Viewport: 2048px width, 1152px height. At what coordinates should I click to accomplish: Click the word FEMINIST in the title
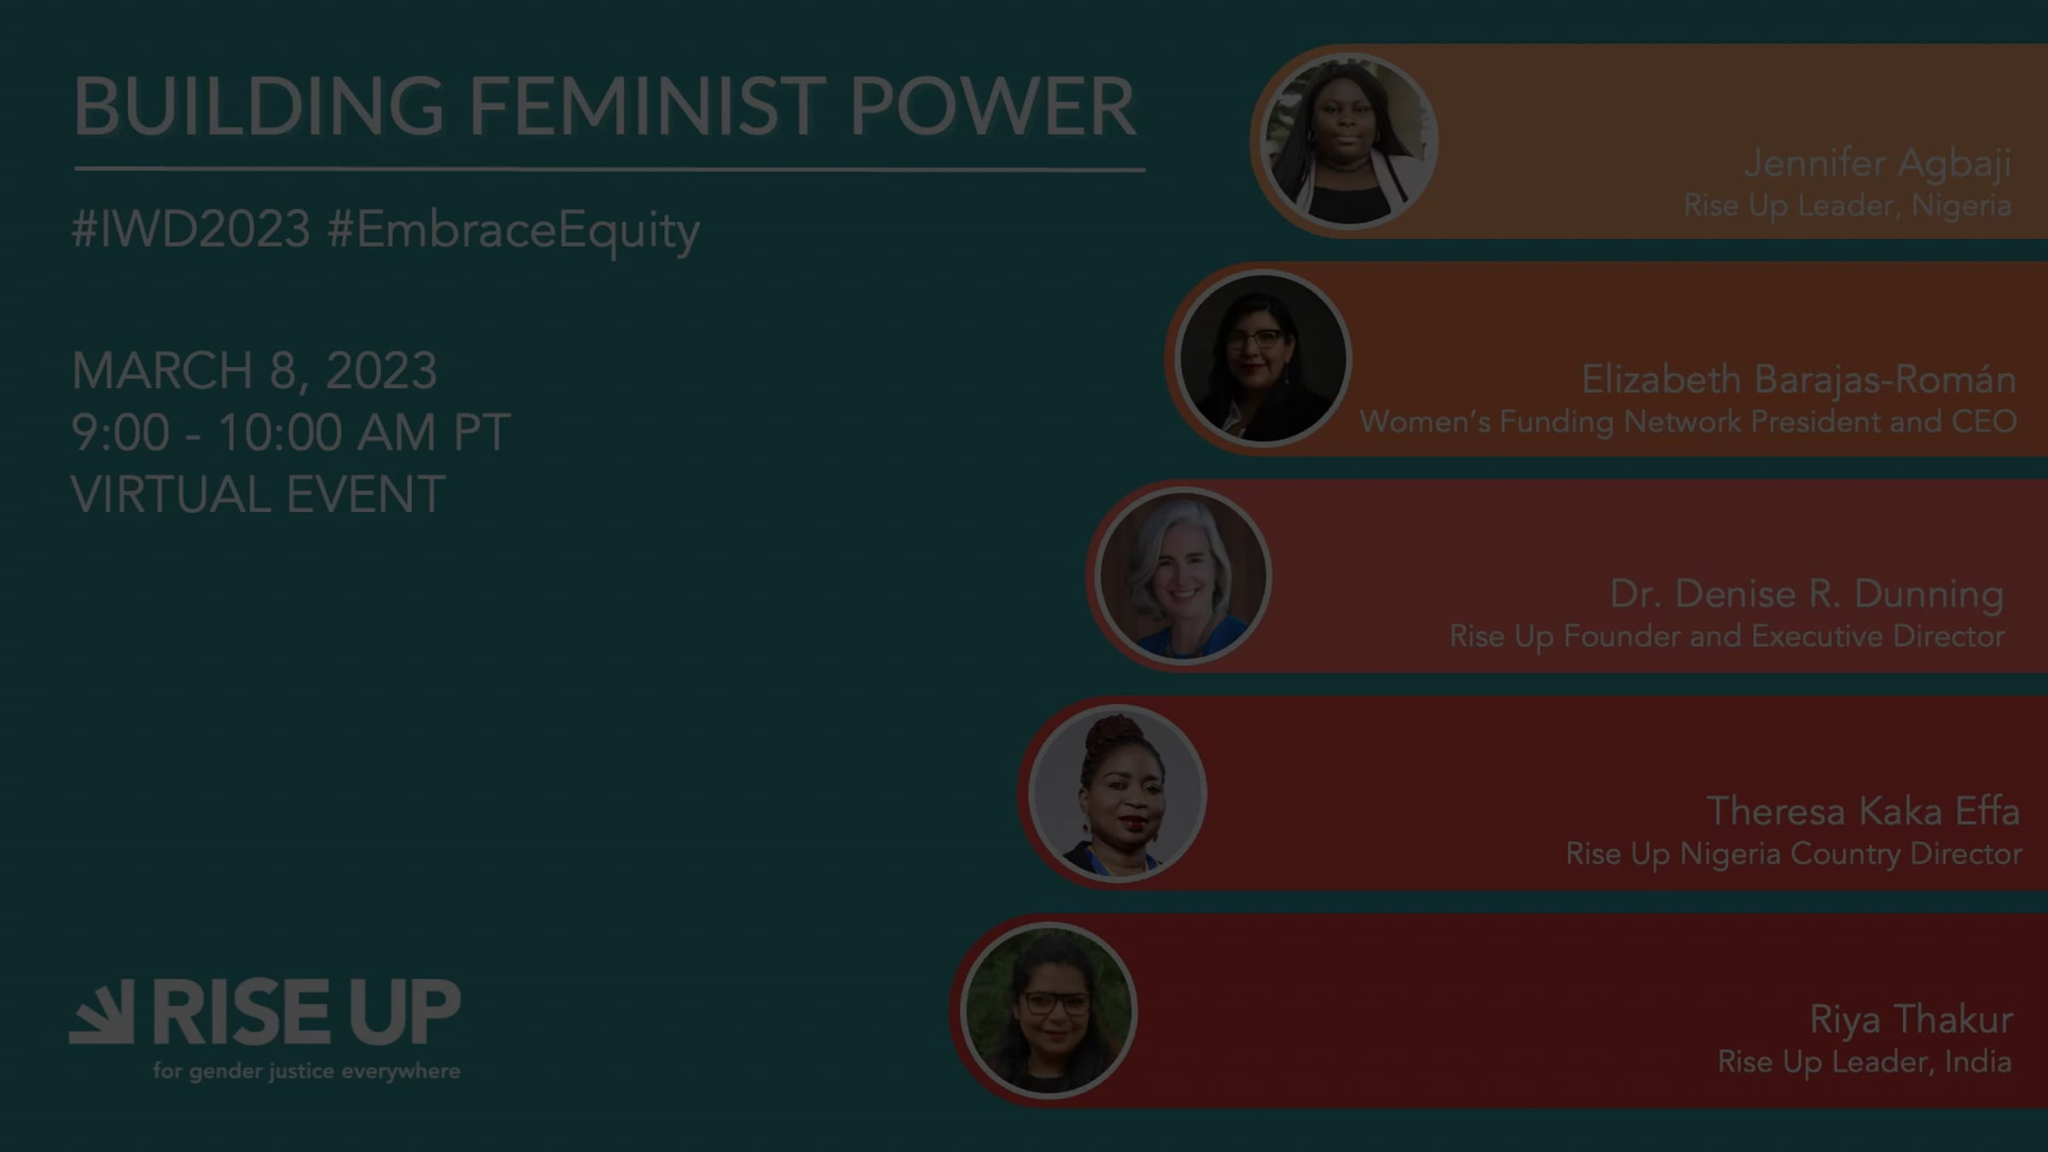pyautogui.click(x=648, y=107)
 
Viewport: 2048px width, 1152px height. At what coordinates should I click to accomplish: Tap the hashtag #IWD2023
pyautogui.click(x=191, y=229)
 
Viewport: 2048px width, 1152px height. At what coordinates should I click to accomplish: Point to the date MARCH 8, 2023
pyautogui.click(x=254, y=371)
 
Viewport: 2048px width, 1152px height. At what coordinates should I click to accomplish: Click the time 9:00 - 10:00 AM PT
pyautogui.click(x=291, y=433)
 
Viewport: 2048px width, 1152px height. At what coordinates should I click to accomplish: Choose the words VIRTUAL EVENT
pyautogui.click(x=258, y=495)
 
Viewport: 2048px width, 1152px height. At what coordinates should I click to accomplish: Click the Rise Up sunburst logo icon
pyautogui.click(x=102, y=1011)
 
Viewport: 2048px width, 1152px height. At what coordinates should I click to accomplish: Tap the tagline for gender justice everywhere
pyautogui.click(x=307, y=1071)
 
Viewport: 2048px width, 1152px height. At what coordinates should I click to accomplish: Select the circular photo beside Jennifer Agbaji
pyautogui.click(x=1348, y=142)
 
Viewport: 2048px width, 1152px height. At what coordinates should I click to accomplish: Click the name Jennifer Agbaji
pyautogui.click(x=1877, y=164)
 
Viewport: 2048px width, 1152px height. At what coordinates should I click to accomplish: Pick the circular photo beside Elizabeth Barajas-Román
pyautogui.click(x=1262, y=358)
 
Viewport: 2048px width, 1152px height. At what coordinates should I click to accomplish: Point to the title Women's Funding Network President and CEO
pyautogui.click(x=1688, y=422)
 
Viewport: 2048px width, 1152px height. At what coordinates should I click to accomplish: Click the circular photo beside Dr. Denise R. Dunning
pyautogui.click(x=1183, y=576)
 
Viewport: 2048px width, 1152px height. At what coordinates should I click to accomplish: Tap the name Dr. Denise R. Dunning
pyautogui.click(x=1807, y=594)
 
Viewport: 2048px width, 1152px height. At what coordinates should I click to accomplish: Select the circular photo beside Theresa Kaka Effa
pyautogui.click(x=1117, y=794)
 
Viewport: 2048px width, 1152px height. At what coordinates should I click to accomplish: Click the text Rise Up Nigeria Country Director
pyautogui.click(x=1794, y=854)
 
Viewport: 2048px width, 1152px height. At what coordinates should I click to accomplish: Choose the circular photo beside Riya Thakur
pyautogui.click(x=1049, y=1010)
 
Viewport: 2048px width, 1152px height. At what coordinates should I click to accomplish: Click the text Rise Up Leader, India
pyautogui.click(x=1865, y=1062)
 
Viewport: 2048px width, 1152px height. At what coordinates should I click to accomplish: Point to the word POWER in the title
pyautogui.click(x=992, y=107)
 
